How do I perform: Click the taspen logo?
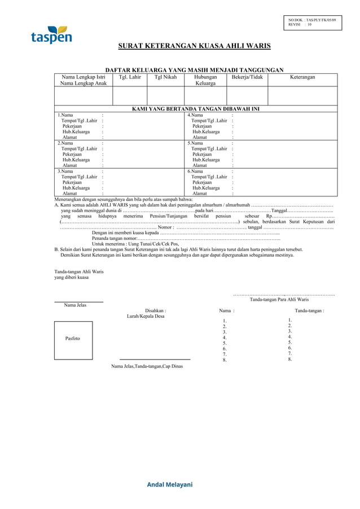click(x=51, y=36)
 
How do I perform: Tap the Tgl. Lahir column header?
click(x=130, y=77)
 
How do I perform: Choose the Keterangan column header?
click(x=302, y=77)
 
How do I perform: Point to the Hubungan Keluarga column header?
click(x=205, y=80)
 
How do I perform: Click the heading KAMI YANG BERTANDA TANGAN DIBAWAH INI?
click(x=195, y=108)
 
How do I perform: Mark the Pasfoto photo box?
click(x=73, y=340)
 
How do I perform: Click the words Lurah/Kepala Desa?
click(x=146, y=317)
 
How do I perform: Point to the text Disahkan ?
click(x=155, y=310)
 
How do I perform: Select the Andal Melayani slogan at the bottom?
click(x=170, y=485)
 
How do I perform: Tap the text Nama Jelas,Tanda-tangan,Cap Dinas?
click(x=147, y=367)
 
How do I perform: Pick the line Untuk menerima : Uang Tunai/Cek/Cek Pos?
click(x=135, y=244)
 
